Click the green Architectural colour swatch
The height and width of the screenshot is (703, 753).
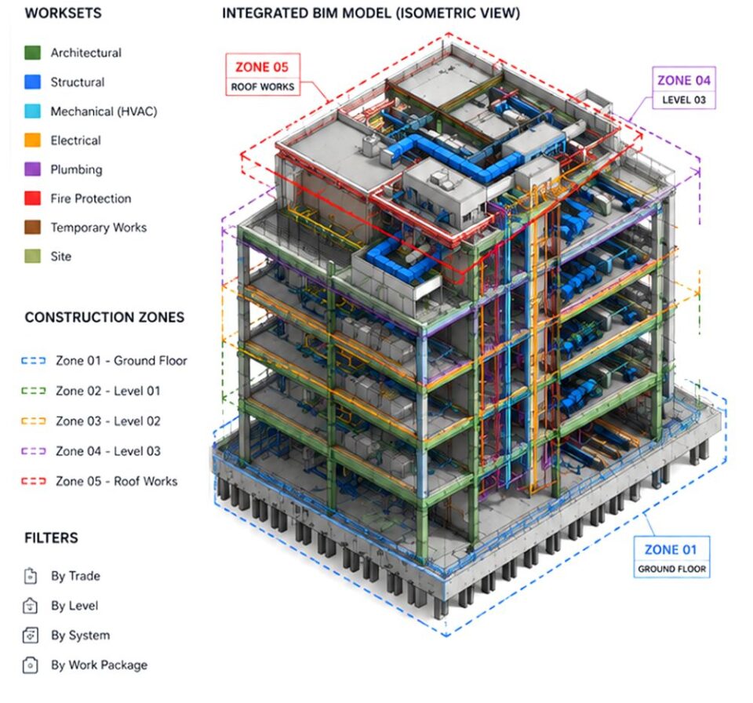[33, 53]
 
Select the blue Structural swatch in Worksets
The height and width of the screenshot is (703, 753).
[33, 82]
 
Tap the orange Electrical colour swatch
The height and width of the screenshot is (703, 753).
[33, 140]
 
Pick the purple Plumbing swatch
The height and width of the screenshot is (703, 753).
[33, 169]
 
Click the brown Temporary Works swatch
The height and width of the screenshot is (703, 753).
[33, 228]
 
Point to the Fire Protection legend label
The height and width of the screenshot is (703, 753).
[91, 199]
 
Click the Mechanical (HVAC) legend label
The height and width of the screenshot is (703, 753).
[104, 111]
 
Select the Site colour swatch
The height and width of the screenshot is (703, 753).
[33, 256]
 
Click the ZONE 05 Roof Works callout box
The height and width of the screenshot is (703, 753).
[263, 75]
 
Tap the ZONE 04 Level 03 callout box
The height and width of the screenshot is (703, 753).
[684, 88]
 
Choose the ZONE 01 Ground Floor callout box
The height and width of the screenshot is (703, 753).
[671, 557]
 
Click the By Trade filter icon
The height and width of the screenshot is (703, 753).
[31, 576]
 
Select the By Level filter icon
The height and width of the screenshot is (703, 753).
[31, 606]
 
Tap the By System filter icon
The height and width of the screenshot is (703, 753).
[31, 636]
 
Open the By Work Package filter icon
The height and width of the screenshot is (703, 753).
[31, 665]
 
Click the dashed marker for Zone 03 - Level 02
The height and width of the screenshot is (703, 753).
[34, 421]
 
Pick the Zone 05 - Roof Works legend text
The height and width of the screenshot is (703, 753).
[116, 481]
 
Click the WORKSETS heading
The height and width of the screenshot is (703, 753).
[63, 13]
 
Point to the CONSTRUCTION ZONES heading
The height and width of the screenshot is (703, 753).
[104, 317]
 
